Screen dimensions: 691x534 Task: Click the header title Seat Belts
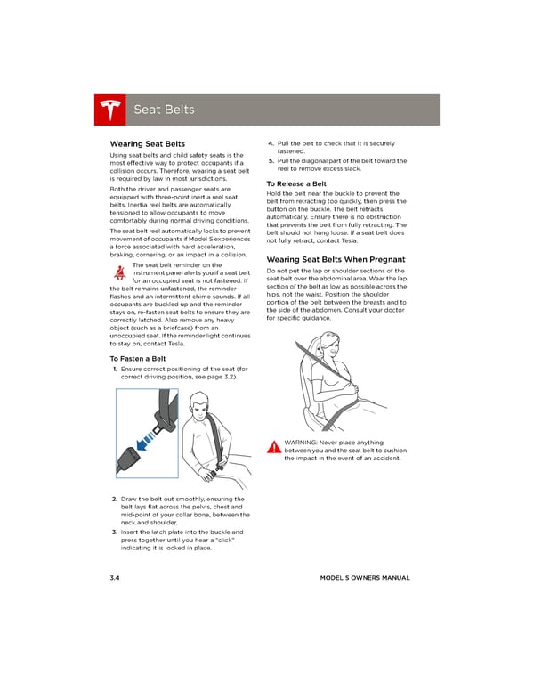coord(163,110)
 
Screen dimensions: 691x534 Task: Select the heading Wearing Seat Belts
coord(147,144)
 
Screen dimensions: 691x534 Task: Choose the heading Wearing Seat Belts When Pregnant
coord(336,260)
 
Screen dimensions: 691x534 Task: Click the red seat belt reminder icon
coord(119,272)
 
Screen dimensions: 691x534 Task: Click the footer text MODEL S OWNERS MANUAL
coord(365,578)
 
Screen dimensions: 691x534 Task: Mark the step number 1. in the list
coord(115,369)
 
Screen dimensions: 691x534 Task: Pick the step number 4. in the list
coord(271,143)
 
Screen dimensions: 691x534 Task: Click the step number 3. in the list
coord(115,532)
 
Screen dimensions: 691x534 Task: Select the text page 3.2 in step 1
coord(222,377)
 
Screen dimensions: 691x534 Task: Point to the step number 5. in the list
coord(271,161)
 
